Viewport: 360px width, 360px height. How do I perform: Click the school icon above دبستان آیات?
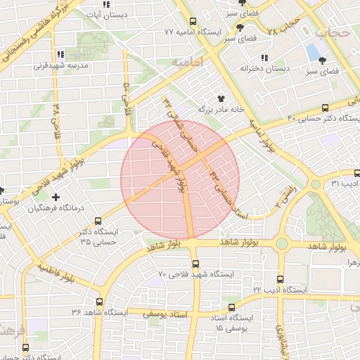pos(106,4)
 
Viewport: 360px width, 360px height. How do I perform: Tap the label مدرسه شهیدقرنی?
pos(61,66)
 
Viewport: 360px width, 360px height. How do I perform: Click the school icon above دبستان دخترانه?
pos(264,58)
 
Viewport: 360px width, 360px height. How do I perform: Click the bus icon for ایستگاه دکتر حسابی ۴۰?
pos(324,108)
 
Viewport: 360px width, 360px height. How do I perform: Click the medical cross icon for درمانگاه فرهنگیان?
pos(55,198)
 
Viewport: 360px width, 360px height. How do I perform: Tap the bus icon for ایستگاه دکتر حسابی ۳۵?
pos(98,220)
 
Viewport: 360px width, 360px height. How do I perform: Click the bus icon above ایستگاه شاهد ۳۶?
pos(98,302)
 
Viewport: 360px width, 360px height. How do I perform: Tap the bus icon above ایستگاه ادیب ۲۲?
pos(280,279)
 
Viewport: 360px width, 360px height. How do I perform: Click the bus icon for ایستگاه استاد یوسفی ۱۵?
pos(233,307)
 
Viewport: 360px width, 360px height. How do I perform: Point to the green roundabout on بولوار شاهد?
pos(282,244)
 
